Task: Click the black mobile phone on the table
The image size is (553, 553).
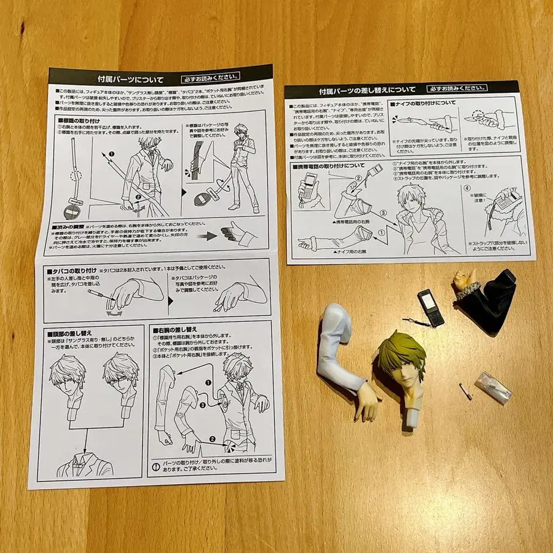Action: click(431, 307)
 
